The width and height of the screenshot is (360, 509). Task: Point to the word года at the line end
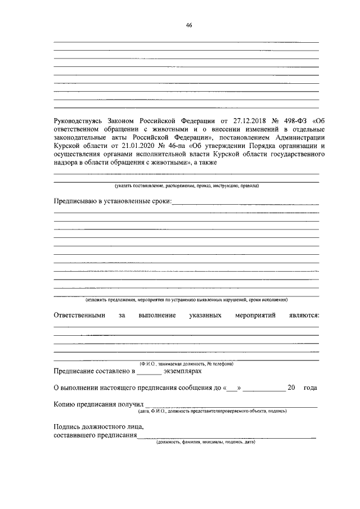[x=310, y=388]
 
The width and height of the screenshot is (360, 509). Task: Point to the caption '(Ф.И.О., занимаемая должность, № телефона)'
[x=186, y=364]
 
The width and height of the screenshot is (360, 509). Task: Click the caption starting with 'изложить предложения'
[x=186, y=300]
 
